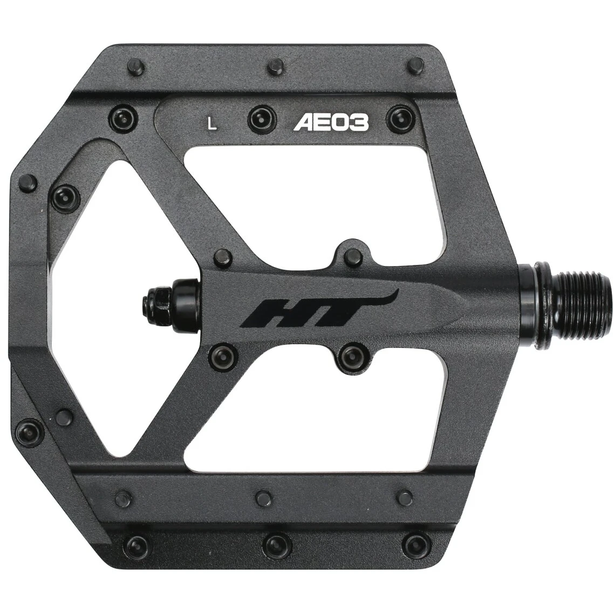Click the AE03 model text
point(331,123)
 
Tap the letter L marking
point(213,123)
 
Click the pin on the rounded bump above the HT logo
point(354,255)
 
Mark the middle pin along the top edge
point(275,67)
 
